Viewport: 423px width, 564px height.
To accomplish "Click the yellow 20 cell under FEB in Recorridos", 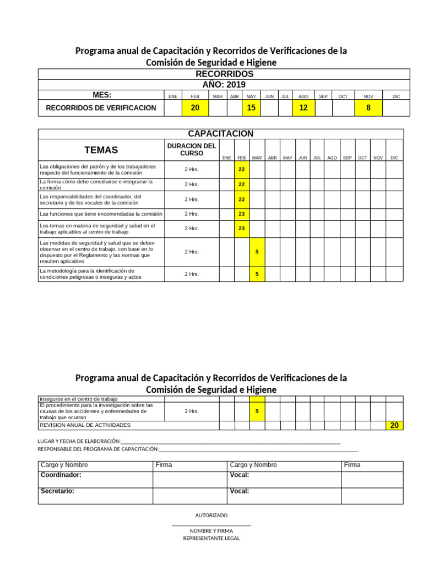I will [x=195, y=108].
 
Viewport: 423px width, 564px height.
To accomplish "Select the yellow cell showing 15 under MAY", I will [x=251, y=108].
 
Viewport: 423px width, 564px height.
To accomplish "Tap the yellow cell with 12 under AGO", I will [x=303, y=108].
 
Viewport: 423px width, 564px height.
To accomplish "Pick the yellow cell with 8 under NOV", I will [x=368, y=108].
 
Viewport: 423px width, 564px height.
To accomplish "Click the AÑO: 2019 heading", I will [x=224, y=84].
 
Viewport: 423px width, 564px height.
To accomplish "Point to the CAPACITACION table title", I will [x=220, y=134].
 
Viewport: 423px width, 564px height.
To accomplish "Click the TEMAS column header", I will [x=101, y=150].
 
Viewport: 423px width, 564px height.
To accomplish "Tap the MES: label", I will [x=102, y=95].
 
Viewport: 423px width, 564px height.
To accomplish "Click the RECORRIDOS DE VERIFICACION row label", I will [x=101, y=108].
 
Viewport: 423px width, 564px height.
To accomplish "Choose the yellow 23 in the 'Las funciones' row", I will [x=241, y=214].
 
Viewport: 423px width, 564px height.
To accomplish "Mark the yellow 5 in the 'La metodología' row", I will [x=257, y=274].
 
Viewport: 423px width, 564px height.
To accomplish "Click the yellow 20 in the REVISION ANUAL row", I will [x=394, y=425].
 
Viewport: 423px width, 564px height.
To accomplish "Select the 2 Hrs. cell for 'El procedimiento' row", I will [x=192, y=411].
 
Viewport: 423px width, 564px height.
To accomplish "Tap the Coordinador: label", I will [x=61, y=475].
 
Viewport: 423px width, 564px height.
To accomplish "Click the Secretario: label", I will [x=58, y=491].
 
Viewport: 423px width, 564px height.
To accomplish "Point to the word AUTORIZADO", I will [x=211, y=515].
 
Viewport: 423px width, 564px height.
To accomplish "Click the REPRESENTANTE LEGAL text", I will [x=211, y=538].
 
